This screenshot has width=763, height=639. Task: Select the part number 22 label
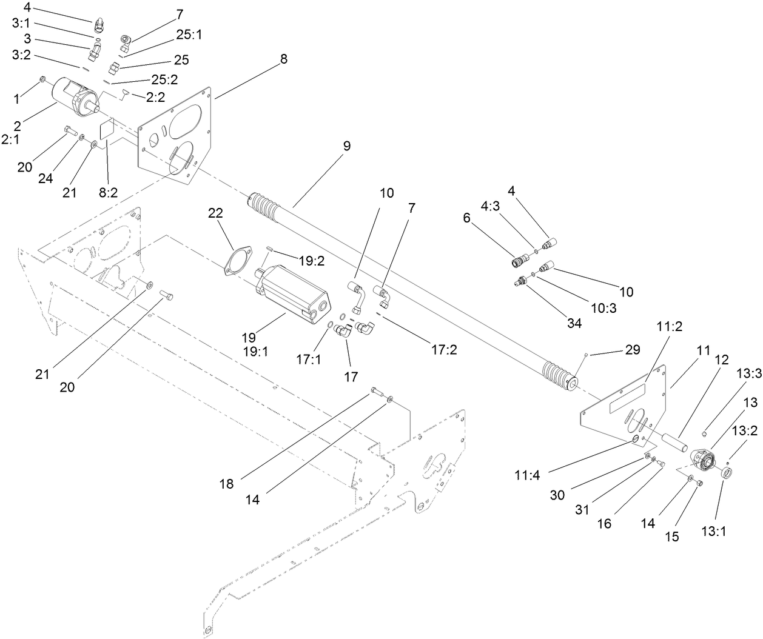tap(215, 213)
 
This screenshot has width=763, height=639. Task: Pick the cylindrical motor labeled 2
tap(72, 96)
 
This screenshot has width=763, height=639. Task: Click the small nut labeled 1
tap(42, 79)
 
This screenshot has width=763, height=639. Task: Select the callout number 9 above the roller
tap(346, 146)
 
